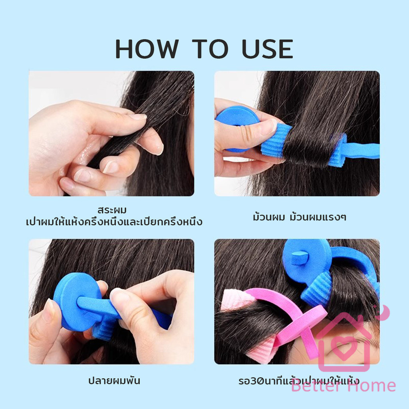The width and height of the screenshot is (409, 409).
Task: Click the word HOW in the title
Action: click(147, 49)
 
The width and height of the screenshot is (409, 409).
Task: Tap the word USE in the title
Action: click(268, 49)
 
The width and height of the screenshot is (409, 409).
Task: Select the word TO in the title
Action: click(210, 49)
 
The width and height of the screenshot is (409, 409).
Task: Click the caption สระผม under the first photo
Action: click(112, 210)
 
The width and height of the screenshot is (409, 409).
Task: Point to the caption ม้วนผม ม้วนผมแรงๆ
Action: click(300, 217)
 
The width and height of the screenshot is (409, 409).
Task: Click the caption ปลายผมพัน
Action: click(114, 381)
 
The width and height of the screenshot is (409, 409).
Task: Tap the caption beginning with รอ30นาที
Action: click(299, 381)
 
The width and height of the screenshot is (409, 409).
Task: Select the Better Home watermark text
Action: click(343, 386)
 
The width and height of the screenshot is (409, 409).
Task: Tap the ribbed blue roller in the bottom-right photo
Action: click(316, 289)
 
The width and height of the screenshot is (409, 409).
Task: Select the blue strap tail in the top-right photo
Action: click(363, 152)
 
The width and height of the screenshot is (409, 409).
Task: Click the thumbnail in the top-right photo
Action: click(270, 126)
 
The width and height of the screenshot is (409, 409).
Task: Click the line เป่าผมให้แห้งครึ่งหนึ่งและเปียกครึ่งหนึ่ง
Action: click(114, 222)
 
